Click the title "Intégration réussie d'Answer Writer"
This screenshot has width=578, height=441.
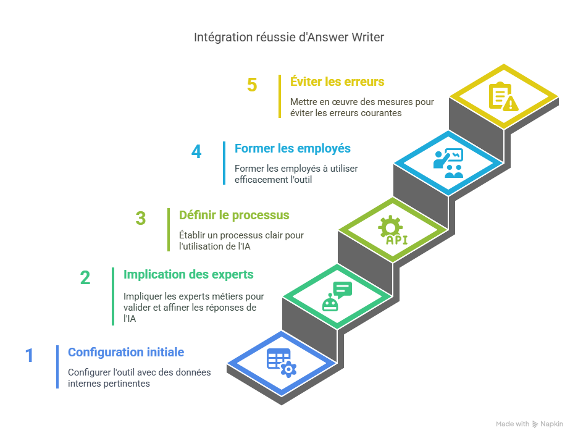289,38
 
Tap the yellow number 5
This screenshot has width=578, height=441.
252,85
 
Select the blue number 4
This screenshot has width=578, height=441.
196,152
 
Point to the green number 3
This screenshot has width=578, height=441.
141,219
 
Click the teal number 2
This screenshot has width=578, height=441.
85,278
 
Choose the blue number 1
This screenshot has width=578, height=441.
29,356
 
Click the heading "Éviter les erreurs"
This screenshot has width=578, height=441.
337,82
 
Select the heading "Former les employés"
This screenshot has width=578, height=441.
292,149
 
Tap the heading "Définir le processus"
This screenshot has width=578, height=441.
234,216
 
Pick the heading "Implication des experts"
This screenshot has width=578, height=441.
188,274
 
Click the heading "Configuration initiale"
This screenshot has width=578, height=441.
126,353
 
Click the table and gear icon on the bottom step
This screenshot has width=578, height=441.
281,363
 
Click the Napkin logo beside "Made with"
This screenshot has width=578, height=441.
535,424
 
